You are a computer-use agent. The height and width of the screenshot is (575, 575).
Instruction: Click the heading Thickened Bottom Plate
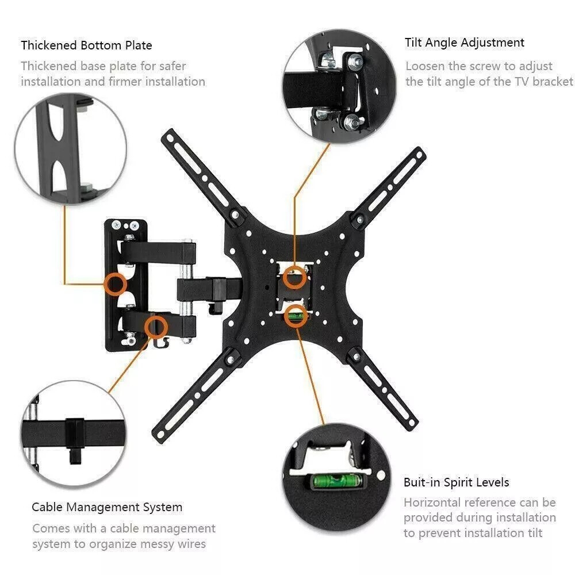point(86,45)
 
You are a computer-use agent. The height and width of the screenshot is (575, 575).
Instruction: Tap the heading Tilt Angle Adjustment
point(464,43)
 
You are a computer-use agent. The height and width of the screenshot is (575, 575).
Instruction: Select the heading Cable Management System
point(107,507)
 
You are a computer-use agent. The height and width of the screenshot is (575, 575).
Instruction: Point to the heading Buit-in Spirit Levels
point(456,482)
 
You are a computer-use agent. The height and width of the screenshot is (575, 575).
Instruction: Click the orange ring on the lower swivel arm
point(155,327)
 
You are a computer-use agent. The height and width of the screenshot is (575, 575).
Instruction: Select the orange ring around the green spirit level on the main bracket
point(296,316)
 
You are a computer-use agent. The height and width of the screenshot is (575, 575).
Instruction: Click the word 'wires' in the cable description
point(189,543)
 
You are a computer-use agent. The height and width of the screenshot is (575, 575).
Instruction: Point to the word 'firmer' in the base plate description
point(122,81)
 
